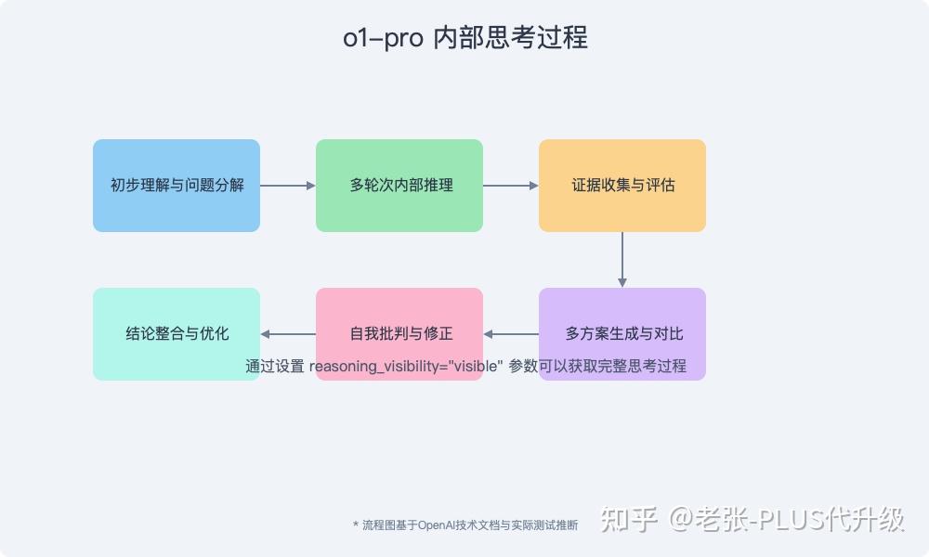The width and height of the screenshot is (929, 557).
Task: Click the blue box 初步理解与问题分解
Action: tap(177, 186)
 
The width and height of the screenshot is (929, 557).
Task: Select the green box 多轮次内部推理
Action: tap(399, 186)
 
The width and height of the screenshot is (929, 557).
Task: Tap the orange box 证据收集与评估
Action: tap(622, 186)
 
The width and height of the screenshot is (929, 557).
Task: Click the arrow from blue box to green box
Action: tap(288, 186)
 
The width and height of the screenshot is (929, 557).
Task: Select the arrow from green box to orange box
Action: tap(511, 186)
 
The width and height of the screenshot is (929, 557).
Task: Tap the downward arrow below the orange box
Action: tap(622, 260)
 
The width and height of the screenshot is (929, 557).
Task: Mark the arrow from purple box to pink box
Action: tap(511, 334)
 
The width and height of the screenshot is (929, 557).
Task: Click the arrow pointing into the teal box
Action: tap(288, 334)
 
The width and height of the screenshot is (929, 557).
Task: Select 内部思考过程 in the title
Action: tap(511, 38)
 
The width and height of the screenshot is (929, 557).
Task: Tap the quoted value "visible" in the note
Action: tap(475, 366)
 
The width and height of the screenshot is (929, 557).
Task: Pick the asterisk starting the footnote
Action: tap(356, 525)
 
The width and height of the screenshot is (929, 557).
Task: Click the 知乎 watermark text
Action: tap(629, 519)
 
